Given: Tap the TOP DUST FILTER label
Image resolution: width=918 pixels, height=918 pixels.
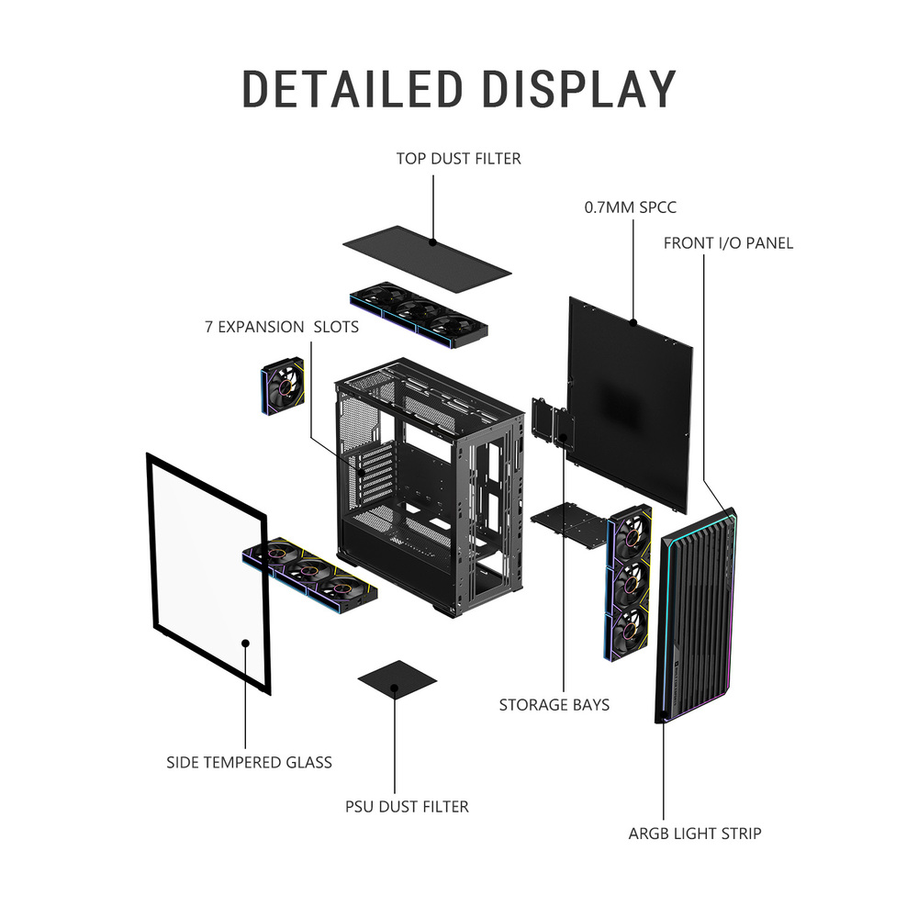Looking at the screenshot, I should click(458, 159).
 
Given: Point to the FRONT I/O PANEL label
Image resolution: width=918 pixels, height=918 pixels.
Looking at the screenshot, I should click(728, 243).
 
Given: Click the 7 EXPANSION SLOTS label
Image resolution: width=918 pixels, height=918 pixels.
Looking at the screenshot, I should click(282, 327).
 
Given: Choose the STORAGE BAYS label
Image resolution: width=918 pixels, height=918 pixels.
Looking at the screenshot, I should click(554, 705).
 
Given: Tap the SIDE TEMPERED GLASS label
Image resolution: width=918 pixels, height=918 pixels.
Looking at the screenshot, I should click(249, 762).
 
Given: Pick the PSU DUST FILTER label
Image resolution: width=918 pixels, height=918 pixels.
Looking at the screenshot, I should click(407, 807).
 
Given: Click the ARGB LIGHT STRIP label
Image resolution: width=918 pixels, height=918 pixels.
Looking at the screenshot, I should click(694, 834).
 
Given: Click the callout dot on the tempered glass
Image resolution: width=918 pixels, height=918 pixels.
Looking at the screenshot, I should click(246, 643).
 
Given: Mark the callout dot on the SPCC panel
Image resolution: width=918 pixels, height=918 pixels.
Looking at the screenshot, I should click(633, 322).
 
